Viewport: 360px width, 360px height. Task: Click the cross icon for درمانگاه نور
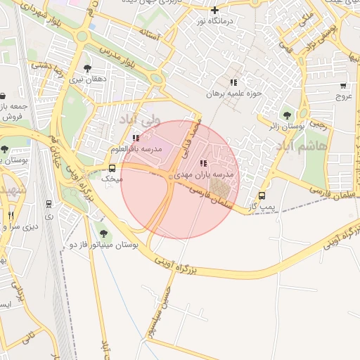click(x=215, y=10)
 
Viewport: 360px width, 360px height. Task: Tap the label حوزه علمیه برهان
click(x=233, y=93)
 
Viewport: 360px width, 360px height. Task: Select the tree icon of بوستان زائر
click(x=286, y=115)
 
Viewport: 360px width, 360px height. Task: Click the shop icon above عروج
click(x=344, y=84)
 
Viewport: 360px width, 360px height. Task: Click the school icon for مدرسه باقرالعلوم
click(x=136, y=139)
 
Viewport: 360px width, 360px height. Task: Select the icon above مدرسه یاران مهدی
click(x=204, y=163)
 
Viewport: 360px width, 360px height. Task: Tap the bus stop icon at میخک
click(x=112, y=169)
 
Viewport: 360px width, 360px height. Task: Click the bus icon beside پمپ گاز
click(x=262, y=196)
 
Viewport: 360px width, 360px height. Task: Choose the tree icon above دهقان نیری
click(x=87, y=69)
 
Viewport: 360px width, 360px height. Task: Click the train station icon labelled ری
click(x=49, y=205)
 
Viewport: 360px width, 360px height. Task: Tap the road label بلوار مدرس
click(x=127, y=56)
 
